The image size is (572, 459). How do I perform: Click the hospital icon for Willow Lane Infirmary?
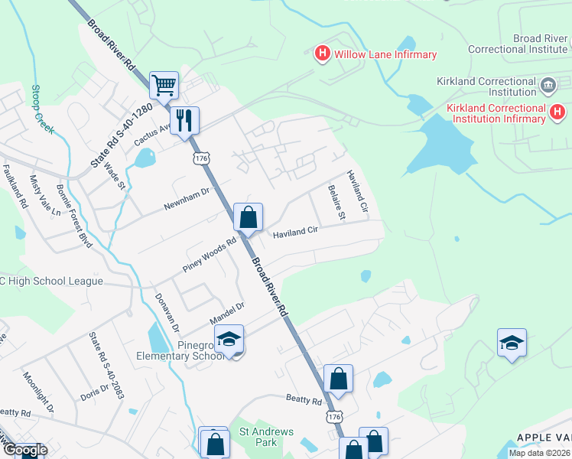323,54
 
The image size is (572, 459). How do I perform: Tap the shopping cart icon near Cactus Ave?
164,86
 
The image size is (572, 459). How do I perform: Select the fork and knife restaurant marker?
184,121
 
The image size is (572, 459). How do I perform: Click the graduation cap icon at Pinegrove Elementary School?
229,339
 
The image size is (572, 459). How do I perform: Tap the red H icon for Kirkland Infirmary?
558,113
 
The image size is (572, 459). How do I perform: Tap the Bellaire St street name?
336,202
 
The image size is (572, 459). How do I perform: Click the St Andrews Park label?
266,437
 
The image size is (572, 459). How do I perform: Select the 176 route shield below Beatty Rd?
333,416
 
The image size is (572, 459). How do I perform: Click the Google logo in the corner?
24,450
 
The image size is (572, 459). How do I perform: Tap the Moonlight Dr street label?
38,392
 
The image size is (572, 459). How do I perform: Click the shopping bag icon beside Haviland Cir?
248,217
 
